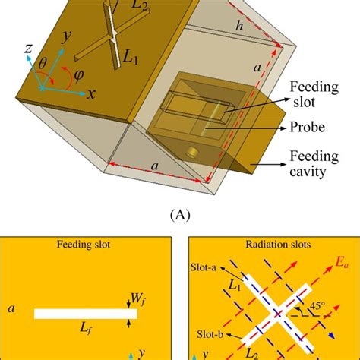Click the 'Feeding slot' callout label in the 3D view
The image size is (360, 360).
[314, 94]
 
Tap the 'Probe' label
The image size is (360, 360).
[307, 127]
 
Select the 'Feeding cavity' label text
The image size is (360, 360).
[314, 164]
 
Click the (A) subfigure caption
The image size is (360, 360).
[180, 215]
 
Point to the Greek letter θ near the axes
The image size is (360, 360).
[43, 63]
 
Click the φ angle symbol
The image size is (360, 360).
[79, 75]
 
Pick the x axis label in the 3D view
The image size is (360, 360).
[91, 94]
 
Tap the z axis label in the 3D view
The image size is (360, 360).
[28, 48]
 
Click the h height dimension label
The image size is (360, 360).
[239, 26]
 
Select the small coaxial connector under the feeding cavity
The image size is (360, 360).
[191, 153]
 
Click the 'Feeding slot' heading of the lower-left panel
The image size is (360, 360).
[84, 245]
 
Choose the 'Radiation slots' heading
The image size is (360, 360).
[278, 245]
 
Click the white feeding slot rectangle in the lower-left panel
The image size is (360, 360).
[86, 314]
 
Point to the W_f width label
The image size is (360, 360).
[138, 299]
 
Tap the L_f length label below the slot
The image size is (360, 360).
[86, 329]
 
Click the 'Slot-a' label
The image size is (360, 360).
[204, 267]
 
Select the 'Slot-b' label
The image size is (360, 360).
[210, 334]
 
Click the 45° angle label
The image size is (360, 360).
[317, 306]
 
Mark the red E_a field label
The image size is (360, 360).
[342, 263]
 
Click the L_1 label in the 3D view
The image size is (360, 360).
[131, 58]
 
